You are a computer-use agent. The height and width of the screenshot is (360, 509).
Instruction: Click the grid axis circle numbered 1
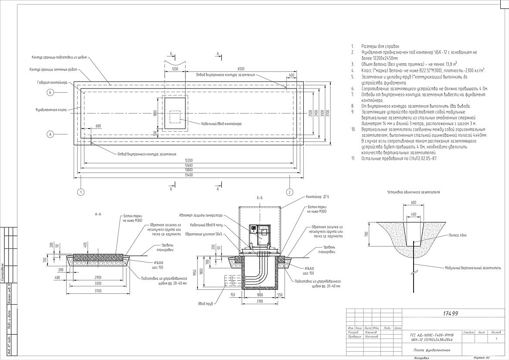tap(81, 192)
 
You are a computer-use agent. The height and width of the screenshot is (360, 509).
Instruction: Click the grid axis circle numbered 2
tap(288, 192)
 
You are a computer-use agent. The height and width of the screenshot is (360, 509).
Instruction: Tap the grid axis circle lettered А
tap(51, 135)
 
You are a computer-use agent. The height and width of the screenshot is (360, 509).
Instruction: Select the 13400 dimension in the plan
tap(188, 175)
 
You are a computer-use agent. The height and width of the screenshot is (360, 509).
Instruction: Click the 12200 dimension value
tap(188, 160)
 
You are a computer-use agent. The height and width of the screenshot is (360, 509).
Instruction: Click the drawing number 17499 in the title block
tap(451, 314)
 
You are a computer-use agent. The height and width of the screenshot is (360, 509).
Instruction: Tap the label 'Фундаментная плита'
tap(51, 110)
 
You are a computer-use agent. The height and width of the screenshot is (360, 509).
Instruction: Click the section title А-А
tap(98, 214)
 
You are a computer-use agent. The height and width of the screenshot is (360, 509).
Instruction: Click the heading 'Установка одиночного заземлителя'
tap(413, 192)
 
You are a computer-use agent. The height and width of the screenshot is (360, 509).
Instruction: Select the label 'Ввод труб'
tap(205, 303)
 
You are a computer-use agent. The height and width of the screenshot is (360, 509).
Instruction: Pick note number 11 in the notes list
tap(399, 159)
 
